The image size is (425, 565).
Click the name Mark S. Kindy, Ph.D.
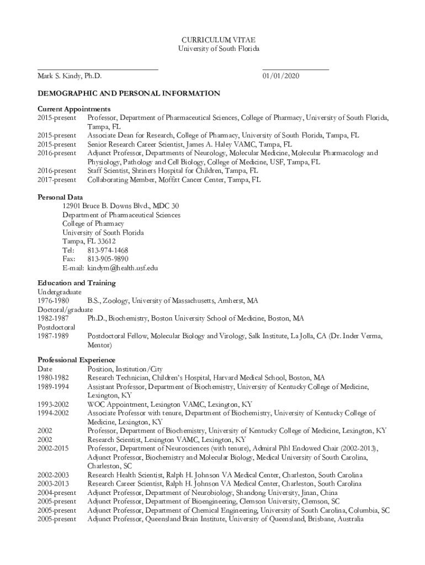(x=70, y=76)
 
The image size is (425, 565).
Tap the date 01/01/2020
(x=281, y=76)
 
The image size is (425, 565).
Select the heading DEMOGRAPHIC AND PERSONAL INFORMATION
(x=129, y=93)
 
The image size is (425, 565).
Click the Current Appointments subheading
(x=74, y=109)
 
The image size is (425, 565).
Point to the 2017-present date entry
(x=57, y=180)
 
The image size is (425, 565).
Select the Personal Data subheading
(x=60, y=197)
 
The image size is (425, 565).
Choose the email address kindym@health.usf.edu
(x=123, y=268)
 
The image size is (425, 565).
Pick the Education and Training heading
(x=77, y=283)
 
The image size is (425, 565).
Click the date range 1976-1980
(x=53, y=301)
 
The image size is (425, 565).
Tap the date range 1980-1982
(x=53, y=378)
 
